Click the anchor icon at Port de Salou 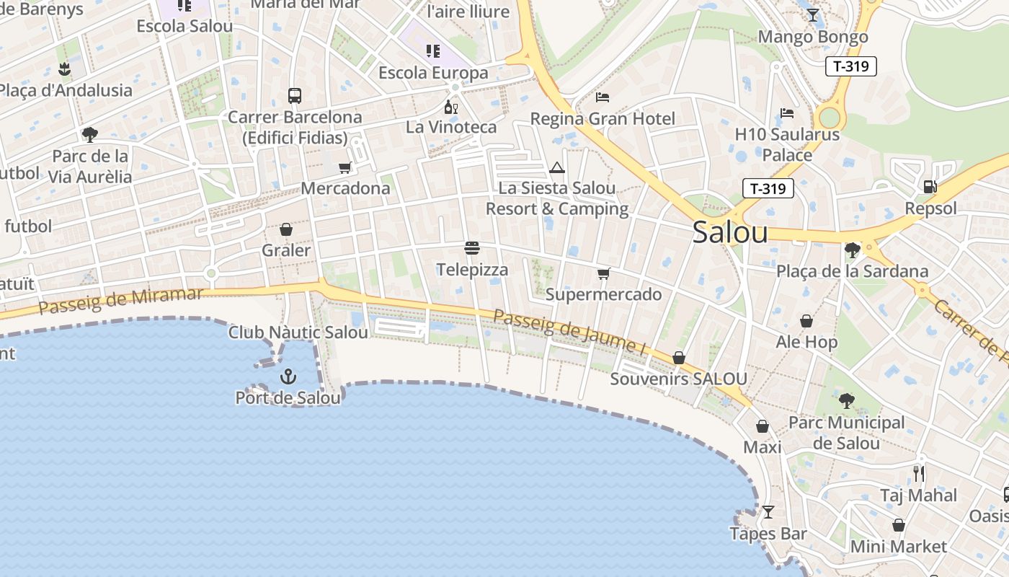288,376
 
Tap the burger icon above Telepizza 472,249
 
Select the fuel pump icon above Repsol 930,187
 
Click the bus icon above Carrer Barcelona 295,95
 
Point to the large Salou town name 730,232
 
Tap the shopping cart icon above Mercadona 345,168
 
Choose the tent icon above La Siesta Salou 556,168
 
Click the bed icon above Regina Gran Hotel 603,97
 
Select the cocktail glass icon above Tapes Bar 768,512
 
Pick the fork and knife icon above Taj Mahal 918,474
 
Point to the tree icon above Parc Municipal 847,400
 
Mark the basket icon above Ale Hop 806,321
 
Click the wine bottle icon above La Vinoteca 451,107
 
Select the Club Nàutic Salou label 298,332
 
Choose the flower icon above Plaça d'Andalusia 65,69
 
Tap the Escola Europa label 433,73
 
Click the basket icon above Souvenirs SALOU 678,358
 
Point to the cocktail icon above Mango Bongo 813,15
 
